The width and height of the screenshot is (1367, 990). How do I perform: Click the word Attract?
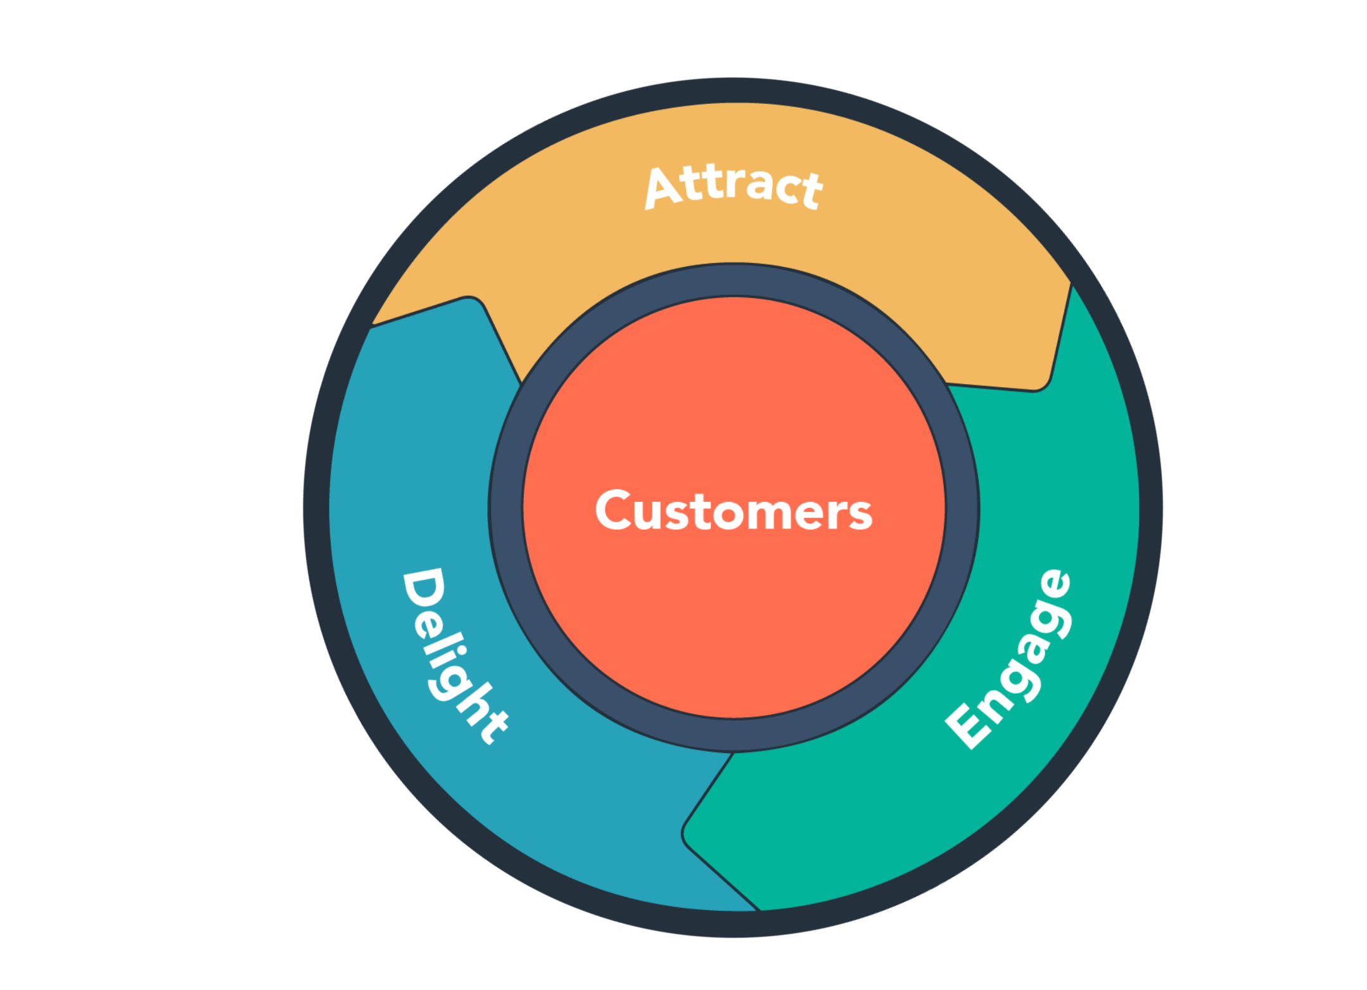coord(733,186)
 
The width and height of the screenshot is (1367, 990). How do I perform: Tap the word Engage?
coord(1009,659)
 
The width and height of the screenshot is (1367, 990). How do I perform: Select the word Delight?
coord(454,655)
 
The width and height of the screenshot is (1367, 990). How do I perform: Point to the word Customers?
coord(734,510)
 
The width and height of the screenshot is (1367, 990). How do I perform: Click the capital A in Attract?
coord(663,188)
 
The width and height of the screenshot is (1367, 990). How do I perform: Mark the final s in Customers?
coord(860,514)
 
